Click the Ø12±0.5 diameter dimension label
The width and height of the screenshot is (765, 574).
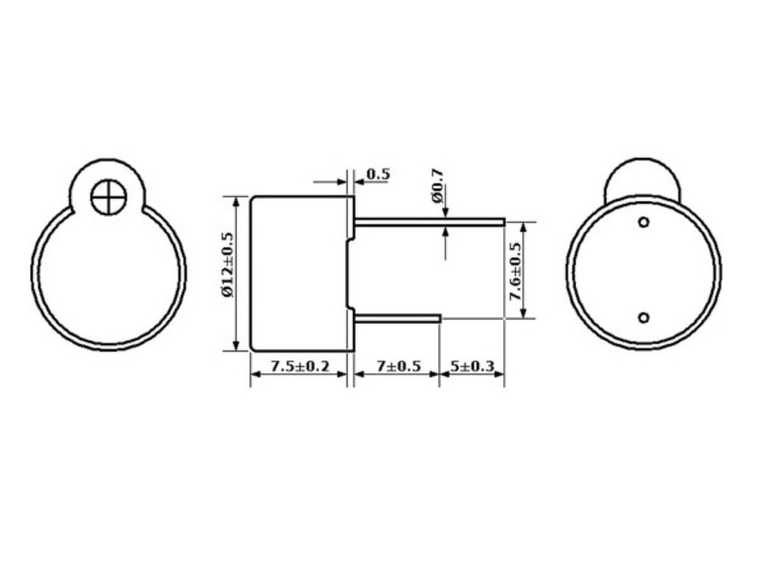click(228, 264)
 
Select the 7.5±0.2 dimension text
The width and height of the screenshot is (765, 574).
click(300, 366)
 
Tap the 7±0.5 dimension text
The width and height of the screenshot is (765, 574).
click(399, 366)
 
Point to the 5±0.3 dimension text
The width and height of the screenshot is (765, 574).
click(472, 366)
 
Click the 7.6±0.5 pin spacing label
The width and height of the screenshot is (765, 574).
click(515, 271)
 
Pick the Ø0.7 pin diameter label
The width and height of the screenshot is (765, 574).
click(437, 185)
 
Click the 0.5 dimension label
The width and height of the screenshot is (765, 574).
click(378, 174)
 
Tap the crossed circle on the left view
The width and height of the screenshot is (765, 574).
click(109, 197)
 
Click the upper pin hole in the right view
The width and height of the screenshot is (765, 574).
click(644, 222)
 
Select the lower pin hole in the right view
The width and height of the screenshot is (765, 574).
click(644, 318)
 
